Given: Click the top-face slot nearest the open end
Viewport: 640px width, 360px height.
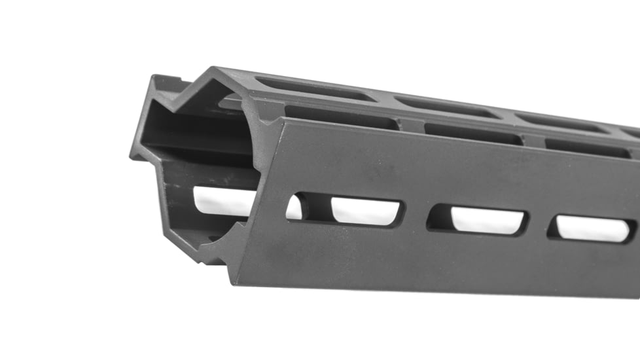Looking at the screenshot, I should tap(313, 89).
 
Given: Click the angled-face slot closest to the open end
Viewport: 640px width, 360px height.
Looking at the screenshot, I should tap(340, 118).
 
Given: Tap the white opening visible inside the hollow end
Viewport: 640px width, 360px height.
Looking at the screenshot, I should tap(222, 200).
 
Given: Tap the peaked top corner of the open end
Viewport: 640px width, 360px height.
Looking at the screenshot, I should tap(213, 69).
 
